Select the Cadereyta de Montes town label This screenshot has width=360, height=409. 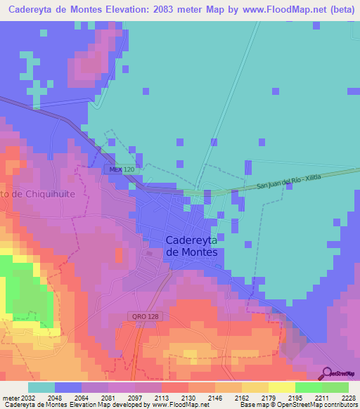click(191, 245)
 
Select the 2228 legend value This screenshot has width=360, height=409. click(347, 397)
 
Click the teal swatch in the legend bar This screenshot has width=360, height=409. click(41, 387)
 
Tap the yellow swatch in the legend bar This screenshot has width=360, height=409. click(281, 387)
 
